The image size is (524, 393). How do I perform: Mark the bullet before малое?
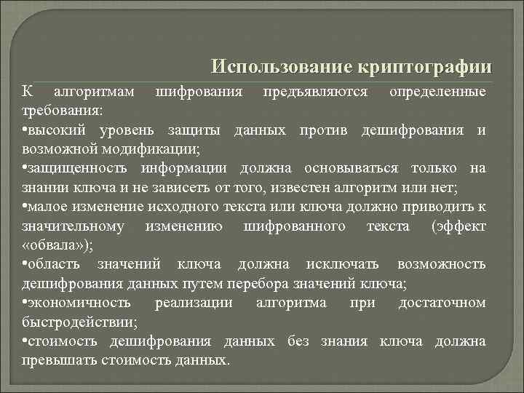(25, 207)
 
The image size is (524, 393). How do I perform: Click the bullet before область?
(25, 263)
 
